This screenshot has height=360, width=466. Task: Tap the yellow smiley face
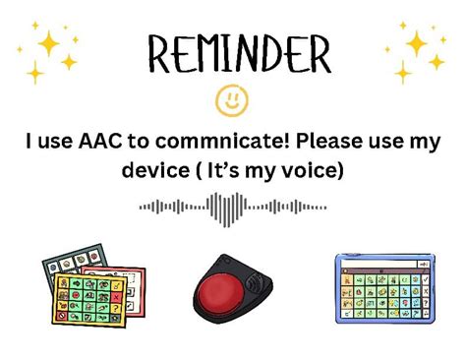click(x=232, y=99)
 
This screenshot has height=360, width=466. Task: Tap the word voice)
click(x=313, y=169)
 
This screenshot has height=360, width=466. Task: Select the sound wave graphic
click(x=232, y=207)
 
